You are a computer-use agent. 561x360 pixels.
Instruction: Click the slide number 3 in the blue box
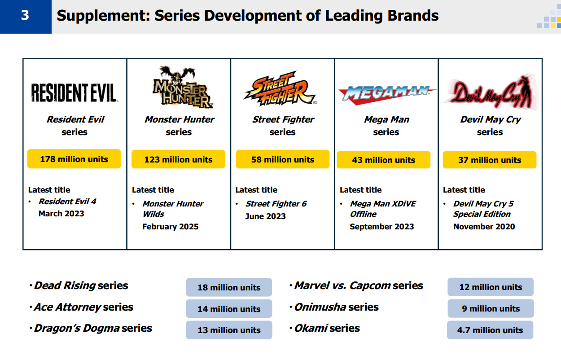pos(25,15)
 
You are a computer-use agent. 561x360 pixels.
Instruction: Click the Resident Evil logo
pos(75,92)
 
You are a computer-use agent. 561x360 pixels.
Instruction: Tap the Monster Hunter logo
pos(182,87)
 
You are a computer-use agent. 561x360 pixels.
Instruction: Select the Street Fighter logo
pos(280,89)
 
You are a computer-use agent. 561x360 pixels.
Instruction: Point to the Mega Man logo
pos(387,95)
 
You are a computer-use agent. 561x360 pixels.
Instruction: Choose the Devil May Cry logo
pos(491,92)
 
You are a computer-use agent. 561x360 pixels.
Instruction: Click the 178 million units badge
pos(74,159)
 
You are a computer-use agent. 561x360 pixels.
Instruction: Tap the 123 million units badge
pos(178,159)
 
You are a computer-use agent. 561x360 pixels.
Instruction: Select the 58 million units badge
pos(282,159)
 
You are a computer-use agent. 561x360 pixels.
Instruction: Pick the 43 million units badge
pos(384,160)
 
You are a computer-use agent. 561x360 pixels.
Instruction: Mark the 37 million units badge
pos(490,160)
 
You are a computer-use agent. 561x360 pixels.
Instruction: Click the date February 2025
pos(170,227)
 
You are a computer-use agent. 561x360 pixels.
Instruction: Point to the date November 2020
pos(484,227)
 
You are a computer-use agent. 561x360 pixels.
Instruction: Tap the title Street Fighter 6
pos(276,204)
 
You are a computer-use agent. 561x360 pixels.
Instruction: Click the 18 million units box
pos(229,287)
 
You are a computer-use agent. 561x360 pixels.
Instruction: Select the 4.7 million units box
pos(490,330)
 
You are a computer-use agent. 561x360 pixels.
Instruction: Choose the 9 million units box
pos(491,308)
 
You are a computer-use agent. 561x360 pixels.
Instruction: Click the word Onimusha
pos(320,307)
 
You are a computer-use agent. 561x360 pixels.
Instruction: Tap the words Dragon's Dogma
pos(77,329)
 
